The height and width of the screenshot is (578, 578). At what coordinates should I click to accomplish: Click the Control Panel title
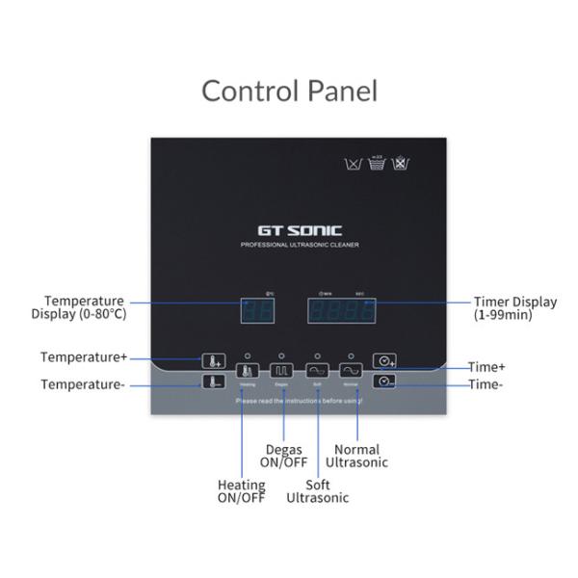click(289, 91)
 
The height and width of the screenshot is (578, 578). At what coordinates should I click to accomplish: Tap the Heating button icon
click(247, 370)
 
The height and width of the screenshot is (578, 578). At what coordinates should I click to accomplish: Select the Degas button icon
click(281, 370)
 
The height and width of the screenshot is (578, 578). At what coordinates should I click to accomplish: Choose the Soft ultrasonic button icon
click(316, 370)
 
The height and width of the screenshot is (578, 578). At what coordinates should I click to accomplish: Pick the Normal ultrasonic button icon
click(351, 370)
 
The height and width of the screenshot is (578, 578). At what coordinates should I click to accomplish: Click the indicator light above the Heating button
click(247, 355)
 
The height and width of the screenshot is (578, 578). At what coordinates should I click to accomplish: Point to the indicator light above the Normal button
click(351, 355)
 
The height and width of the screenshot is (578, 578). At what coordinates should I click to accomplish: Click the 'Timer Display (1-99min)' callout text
click(513, 308)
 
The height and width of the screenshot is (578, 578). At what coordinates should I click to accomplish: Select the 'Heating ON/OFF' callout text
click(241, 491)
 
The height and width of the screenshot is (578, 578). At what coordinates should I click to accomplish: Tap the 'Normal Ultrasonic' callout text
click(356, 456)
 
